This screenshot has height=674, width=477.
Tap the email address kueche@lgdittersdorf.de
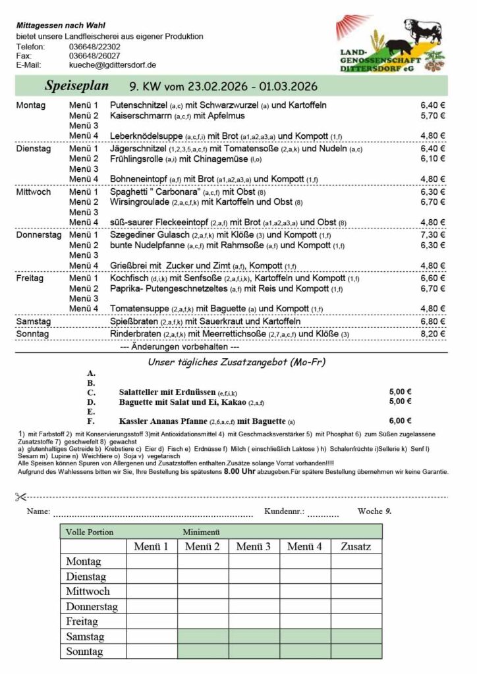pos(112,65)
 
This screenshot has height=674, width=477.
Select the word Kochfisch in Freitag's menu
pos(129,278)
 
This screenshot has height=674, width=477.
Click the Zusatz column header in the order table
pos(356,546)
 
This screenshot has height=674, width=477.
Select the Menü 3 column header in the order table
pos(254,546)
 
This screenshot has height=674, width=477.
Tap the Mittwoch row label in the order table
pos(88,591)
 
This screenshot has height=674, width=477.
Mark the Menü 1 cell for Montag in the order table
pos(152,561)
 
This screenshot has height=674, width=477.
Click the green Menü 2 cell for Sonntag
pos(202,651)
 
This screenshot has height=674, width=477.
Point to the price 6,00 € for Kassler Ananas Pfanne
pos(401,421)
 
